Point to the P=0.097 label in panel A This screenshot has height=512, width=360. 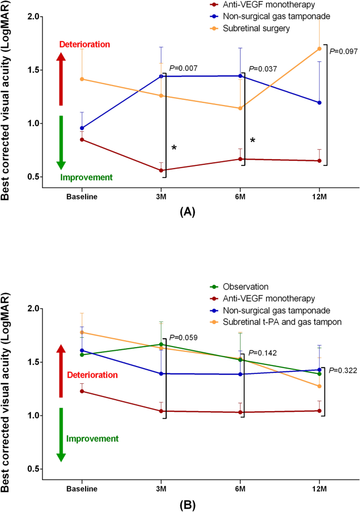(344, 51)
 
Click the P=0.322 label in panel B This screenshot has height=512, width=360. (343, 370)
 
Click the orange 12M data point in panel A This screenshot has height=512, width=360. (320, 49)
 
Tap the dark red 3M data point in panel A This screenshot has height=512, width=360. (161, 170)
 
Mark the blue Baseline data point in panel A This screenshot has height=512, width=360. (82, 128)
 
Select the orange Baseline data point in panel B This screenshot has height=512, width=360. (82, 332)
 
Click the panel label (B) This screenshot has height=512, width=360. (188, 505)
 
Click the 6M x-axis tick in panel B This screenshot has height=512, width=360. (240, 488)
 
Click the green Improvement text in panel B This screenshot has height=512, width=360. (92, 438)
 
